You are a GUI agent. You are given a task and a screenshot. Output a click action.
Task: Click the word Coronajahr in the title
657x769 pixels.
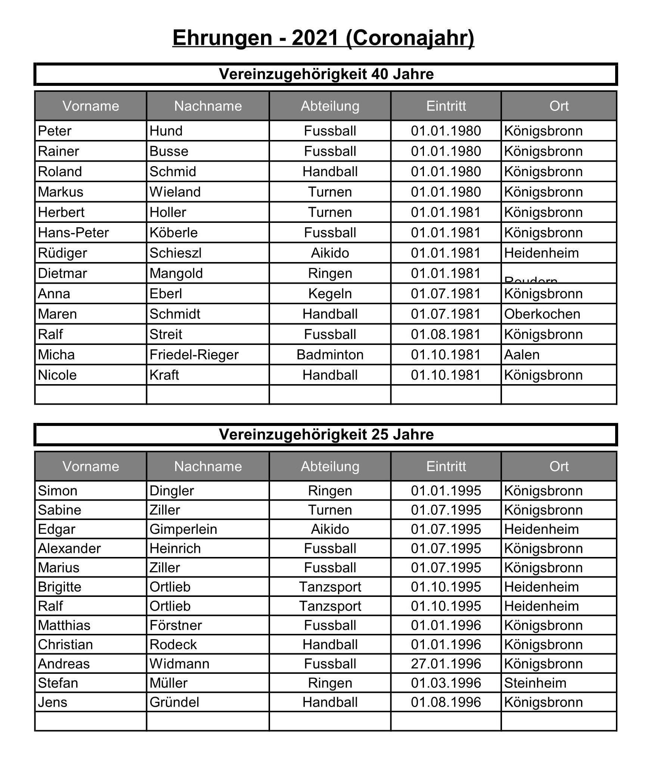pyautogui.click(x=410, y=38)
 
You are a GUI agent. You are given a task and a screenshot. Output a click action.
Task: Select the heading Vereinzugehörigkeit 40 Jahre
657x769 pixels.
pyautogui.click(x=326, y=74)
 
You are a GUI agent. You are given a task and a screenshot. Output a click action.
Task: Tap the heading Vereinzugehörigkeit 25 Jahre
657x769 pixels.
pyautogui.click(x=326, y=435)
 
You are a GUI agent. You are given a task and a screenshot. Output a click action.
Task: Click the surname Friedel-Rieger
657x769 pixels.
pyautogui.click(x=194, y=355)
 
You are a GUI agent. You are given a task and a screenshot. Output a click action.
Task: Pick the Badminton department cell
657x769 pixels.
pyautogui.click(x=330, y=355)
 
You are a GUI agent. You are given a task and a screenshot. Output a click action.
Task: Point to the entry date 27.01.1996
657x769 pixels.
pyautogui.click(x=446, y=664)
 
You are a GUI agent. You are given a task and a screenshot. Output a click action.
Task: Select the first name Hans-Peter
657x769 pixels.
pyautogui.click(x=73, y=233)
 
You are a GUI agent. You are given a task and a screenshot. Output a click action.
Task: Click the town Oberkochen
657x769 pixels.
pyautogui.click(x=542, y=314)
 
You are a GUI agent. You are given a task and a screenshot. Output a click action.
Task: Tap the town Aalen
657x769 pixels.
pyautogui.click(x=522, y=355)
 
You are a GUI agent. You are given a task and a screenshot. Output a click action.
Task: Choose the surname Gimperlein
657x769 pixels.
pyautogui.click(x=183, y=529)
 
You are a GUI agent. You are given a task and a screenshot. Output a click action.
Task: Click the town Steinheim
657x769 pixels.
pyautogui.click(x=535, y=683)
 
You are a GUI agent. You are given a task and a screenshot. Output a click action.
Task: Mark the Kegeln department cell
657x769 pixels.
pyautogui.click(x=330, y=294)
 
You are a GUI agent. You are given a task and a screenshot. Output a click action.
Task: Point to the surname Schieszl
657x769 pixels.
pyautogui.click(x=176, y=253)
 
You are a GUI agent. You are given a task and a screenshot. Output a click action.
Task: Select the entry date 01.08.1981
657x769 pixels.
pyautogui.click(x=446, y=334)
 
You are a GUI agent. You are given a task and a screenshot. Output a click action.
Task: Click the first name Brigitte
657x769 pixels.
pyautogui.click(x=59, y=587)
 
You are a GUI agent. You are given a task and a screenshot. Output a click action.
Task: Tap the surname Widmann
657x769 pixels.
pyautogui.click(x=179, y=664)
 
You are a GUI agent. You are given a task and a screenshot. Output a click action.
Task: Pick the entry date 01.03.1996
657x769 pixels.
pyautogui.click(x=446, y=683)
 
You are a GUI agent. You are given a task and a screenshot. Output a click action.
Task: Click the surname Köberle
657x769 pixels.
pyautogui.click(x=173, y=233)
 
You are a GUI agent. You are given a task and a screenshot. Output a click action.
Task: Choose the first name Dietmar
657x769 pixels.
pyautogui.click(x=62, y=273)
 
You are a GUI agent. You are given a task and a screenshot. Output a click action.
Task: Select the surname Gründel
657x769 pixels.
pyautogui.click(x=174, y=702)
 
